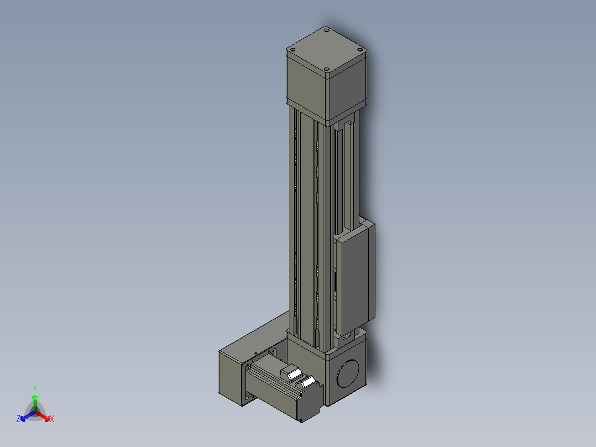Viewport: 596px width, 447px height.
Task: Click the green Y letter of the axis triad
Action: point(35,388)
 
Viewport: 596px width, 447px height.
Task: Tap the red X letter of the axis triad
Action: point(52,419)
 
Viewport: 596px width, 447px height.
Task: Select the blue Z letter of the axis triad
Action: point(18,419)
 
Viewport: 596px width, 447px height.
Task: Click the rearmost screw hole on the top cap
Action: point(326,32)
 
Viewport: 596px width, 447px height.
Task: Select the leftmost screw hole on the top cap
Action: point(293,51)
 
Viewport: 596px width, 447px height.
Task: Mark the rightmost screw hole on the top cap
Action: point(361,50)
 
